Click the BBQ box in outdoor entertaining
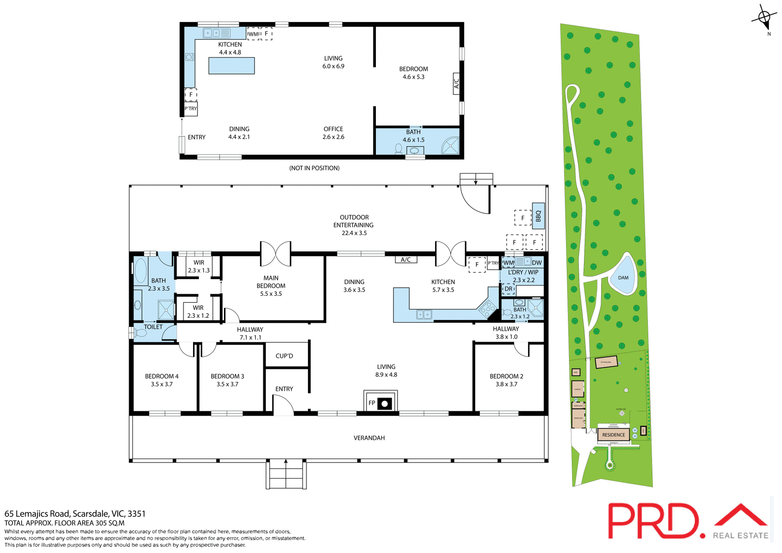[x=538, y=216]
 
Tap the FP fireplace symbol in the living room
[x=380, y=403]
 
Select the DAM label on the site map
[x=623, y=278]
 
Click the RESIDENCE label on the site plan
[x=613, y=435]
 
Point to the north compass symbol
[x=764, y=18]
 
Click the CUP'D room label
[x=284, y=356]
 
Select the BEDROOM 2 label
[x=506, y=376]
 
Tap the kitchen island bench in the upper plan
[x=231, y=66]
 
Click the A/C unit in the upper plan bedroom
[x=456, y=83]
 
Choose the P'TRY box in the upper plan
[x=191, y=109]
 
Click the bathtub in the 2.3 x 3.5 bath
[x=141, y=270]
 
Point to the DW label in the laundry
[x=537, y=263]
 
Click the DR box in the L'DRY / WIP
[x=508, y=289]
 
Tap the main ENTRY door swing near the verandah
[x=283, y=406]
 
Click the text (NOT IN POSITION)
[x=314, y=168]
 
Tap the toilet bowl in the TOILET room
[x=141, y=333]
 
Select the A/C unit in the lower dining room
[x=406, y=260]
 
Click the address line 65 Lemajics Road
[x=75, y=513]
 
